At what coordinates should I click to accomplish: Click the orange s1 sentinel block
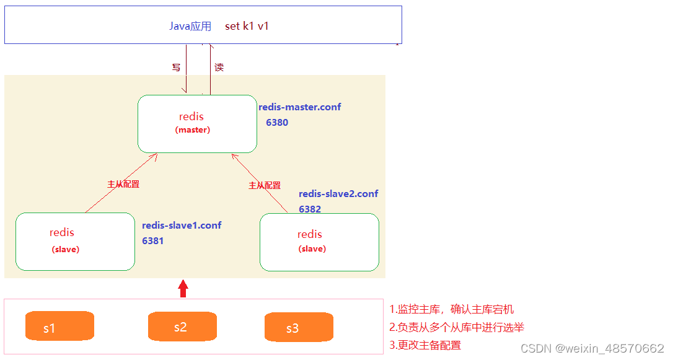[x=59, y=326]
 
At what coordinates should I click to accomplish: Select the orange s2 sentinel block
[x=182, y=326]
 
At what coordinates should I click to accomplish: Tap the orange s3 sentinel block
[x=298, y=327]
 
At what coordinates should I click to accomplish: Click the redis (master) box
[x=196, y=123]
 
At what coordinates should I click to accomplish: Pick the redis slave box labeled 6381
[x=75, y=242]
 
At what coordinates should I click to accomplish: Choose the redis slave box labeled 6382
[x=319, y=242]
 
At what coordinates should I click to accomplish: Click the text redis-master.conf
[x=299, y=107]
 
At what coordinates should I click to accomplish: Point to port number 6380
[x=277, y=122]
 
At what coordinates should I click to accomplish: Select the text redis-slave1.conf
[x=182, y=225]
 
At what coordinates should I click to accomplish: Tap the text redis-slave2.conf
[x=338, y=193]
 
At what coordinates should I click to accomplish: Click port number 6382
[x=310, y=209]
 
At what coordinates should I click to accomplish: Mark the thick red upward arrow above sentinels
[x=182, y=289]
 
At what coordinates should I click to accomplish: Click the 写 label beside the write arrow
[x=176, y=67]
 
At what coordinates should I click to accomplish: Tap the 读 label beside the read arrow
[x=219, y=67]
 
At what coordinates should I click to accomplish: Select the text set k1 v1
[x=247, y=26]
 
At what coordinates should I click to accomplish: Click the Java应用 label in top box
[x=190, y=26]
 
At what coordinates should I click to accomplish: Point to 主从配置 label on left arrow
[x=123, y=184]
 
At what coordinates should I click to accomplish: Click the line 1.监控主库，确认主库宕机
[x=451, y=309]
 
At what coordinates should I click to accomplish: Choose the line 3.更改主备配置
[x=425, y=345]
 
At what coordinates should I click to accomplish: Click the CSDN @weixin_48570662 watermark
[x=592, y=348]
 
